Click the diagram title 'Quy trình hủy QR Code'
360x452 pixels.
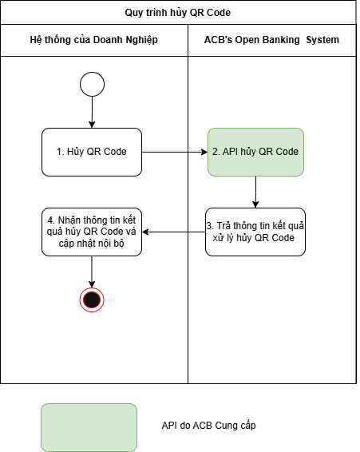(177, 13)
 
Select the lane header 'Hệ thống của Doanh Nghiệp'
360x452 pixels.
(94, 40)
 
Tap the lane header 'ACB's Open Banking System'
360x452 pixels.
(271, 40)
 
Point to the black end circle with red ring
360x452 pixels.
(92, 299)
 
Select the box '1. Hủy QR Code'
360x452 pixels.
(92, 152)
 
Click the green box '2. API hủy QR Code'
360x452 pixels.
(255, 152)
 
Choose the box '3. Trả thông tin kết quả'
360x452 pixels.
(255, 232)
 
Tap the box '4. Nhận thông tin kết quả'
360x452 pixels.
(92, 232)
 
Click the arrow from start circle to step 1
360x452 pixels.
(92, 112)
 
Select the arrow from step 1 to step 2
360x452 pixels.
(175, 152)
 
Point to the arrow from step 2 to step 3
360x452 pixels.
(255, 192)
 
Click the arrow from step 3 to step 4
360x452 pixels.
(173, 232)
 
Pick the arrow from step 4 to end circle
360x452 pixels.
(92, 272)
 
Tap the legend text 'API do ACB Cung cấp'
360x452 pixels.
(208, 426)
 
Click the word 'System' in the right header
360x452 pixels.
(322, 40)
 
